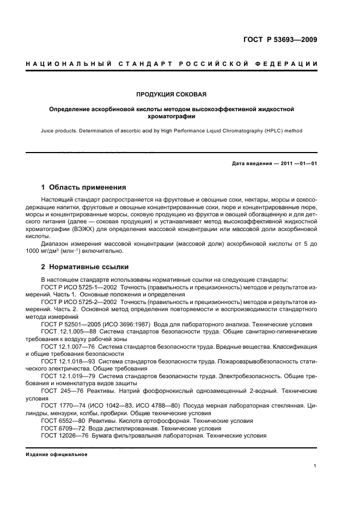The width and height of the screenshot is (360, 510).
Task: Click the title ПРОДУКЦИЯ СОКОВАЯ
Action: (x=172, y=94)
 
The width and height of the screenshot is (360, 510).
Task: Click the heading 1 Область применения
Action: (x=84, y=187)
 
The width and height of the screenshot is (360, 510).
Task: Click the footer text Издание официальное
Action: (x=57, y=454)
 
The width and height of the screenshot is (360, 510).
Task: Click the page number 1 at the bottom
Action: (x=315, y=466)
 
